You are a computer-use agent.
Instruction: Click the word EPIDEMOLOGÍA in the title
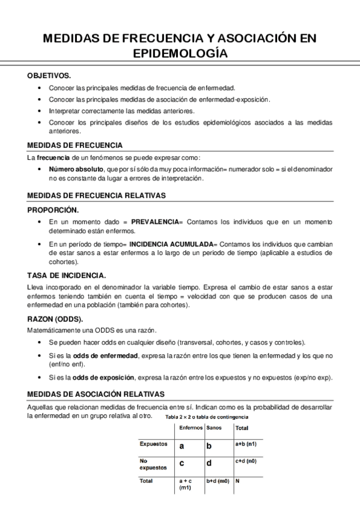(x=180, y=54)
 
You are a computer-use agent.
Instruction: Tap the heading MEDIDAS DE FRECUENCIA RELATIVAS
(x=97, y=195)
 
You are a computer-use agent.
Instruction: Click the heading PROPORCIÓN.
(x=53, y=210)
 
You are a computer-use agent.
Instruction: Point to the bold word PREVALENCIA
(x=154, y=223)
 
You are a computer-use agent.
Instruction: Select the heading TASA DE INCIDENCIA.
(x=67, y=275)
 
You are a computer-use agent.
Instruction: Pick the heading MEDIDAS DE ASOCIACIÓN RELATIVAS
(x=96, y=394)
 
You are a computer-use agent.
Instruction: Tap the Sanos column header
(x=213, y=428)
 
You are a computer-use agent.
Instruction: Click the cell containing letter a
(x=182, y=446)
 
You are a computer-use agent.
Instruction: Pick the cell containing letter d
(x=209, y=464)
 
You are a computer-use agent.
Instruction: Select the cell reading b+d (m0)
(x=218, y=481)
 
